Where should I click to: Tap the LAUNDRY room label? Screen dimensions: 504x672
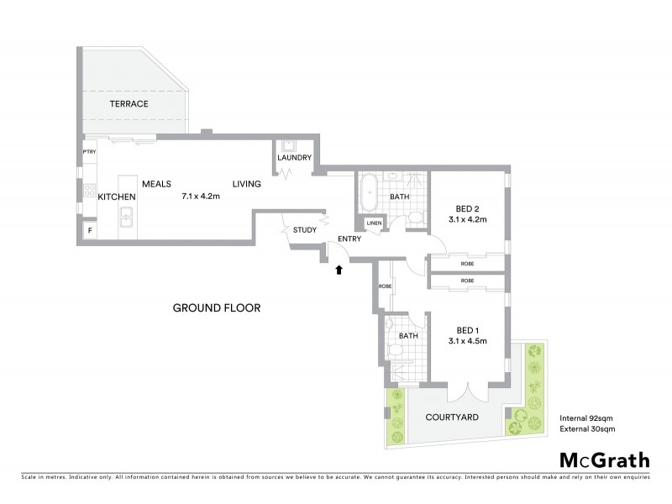tap(295, 158)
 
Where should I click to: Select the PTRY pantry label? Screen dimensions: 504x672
tap(88, 152)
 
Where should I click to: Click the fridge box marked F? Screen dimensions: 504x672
tap(89, 228)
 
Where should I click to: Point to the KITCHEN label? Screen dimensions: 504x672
tap(117, 197)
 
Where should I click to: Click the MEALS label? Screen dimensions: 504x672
tap(157, 184)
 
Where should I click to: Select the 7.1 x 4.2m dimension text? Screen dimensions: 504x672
tap(201, 197)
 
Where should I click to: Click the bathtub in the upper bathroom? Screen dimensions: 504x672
tap(369, 193)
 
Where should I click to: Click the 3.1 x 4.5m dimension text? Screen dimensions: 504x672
tap(468, 341)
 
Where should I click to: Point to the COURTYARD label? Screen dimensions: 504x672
tap(451, 417)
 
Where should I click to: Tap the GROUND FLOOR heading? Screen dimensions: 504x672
tap(217, 308)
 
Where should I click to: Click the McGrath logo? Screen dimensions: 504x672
tap(605, 459)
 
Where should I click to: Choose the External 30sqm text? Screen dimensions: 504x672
tap(587, 429)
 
